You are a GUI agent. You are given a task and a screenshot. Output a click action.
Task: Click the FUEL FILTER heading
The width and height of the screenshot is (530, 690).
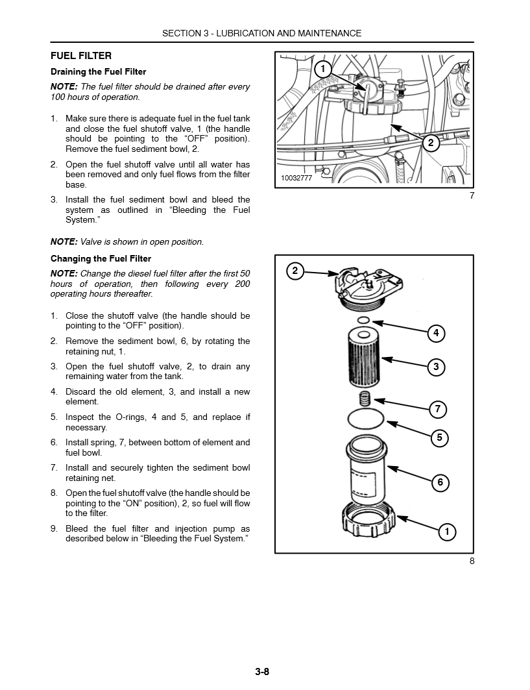tap(81, 56)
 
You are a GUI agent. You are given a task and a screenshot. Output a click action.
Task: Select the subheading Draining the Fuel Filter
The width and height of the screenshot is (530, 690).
tap(99, 72)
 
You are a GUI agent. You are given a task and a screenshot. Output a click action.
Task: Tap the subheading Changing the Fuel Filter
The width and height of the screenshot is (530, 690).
tap(101, 258)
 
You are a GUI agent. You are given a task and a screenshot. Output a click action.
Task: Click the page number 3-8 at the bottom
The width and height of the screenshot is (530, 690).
tap(262, 671)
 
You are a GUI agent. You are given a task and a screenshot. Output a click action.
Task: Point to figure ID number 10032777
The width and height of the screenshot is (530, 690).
tap(296, 178)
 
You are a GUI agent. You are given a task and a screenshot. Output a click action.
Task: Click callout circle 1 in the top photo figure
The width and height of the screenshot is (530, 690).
tap(322, 69)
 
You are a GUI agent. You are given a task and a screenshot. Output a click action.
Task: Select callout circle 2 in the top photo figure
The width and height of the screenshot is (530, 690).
tap(430, 143)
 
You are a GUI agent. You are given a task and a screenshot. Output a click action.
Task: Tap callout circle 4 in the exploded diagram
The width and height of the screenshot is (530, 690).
tap(436, 334)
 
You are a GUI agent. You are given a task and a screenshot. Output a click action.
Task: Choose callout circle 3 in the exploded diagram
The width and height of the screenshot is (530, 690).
tap(436, 367)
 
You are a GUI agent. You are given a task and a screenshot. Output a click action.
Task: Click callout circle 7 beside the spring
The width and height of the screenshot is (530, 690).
tap(438, 409)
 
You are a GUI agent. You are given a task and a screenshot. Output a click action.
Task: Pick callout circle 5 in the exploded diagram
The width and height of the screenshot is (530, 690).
tap(439, 437)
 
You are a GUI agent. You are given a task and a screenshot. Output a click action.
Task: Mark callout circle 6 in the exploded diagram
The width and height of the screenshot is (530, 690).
tap(440, 482)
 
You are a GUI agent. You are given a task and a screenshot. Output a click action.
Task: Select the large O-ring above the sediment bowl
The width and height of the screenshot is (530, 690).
tap(365, 419)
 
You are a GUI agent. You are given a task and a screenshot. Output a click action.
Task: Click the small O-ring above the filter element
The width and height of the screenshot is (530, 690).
tap(364, 321)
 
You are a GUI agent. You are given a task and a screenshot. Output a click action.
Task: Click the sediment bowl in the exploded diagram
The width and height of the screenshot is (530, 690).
tap(365, 471)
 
